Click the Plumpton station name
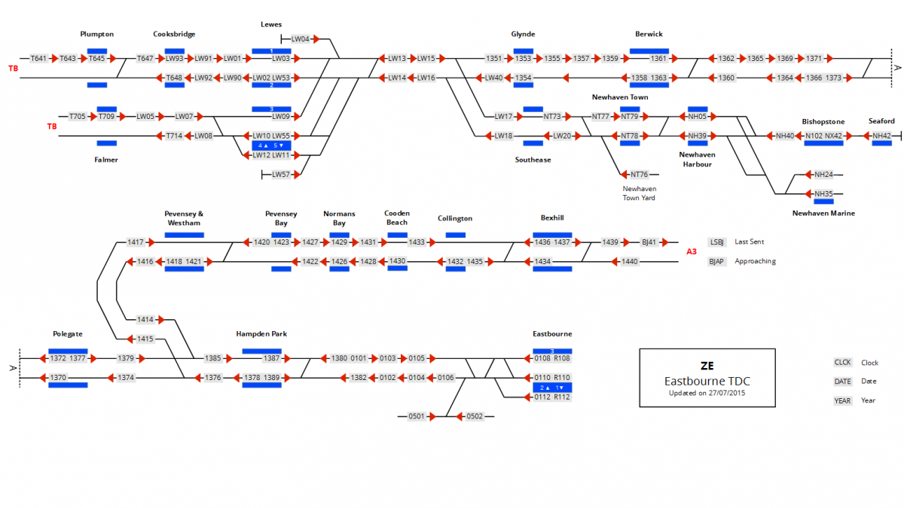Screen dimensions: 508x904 click(x=97, y=34)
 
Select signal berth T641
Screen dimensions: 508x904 click(x=38, y=58)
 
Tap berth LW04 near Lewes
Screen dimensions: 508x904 click(x=301, y=38)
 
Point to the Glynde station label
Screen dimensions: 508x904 click(x=523, y=34)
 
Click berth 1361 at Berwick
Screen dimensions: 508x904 click(x=659, y=58)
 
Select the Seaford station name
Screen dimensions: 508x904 click(x=881, y=121)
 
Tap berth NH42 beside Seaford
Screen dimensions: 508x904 click(x=881, y=136)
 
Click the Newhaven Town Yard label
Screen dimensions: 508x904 click(x=639, y=193)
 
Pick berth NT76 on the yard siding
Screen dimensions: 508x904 click(x=640, y=175)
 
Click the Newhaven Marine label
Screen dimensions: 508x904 click(x=823, y=213)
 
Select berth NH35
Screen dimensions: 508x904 click(x=823, y=194)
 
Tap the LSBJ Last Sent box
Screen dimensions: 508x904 click(x=717, y=242)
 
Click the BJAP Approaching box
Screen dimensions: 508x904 click(x=717, y=261)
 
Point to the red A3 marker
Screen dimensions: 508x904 click(x=692, y=251)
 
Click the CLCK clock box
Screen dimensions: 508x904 click(x=842, y=363)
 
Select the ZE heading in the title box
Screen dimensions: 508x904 click(x=707, y=367)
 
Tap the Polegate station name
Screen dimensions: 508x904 click(x=68, y=333)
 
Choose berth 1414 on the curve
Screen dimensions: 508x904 click(x=145, y=320)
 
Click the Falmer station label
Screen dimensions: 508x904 click(x=106, y=160)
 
